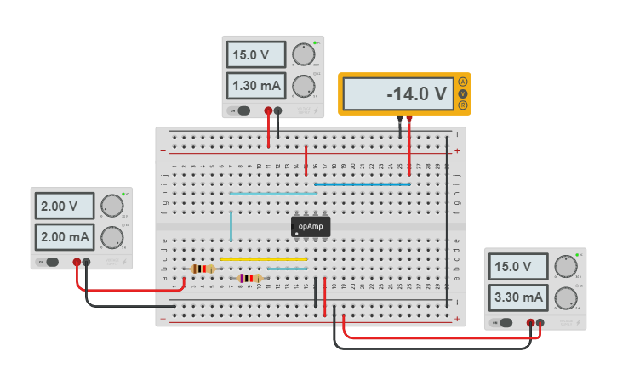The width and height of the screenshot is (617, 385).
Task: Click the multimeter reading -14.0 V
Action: (404, 94)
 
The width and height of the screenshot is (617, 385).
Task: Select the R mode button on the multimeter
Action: (463, 105)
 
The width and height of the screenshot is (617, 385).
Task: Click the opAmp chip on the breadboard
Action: (311, 226)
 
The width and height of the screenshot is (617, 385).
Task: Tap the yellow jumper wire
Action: (264, 259)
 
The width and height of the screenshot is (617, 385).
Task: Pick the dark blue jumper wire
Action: (363, 184)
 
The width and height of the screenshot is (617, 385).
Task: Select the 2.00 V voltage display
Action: (64, 207)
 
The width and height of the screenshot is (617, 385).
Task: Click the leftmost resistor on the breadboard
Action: (202, 269)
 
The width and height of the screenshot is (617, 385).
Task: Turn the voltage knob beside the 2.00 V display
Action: (111, 206)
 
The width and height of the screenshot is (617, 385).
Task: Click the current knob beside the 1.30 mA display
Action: (302, 86)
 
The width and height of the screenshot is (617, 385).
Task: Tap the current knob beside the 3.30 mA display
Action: (564, 297)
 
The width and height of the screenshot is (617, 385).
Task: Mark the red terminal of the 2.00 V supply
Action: (77, 263)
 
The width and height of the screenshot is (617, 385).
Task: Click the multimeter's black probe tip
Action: (399, 122)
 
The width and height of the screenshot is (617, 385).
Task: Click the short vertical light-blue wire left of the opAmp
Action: (231, 226)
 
